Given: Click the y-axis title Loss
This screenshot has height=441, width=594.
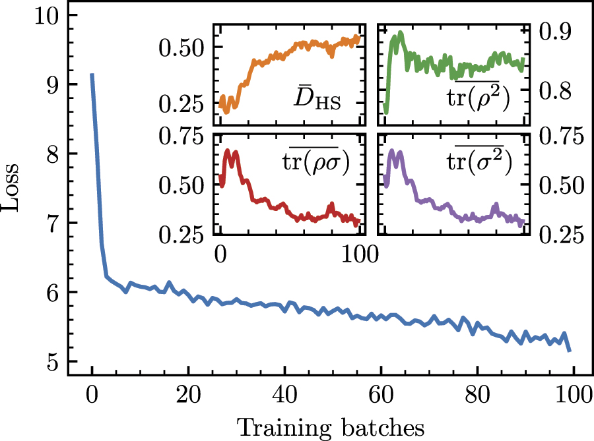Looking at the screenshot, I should click(15, 191).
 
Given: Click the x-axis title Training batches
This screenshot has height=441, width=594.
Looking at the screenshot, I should click(332, 427).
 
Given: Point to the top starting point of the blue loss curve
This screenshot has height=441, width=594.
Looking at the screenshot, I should click(92, 74).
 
